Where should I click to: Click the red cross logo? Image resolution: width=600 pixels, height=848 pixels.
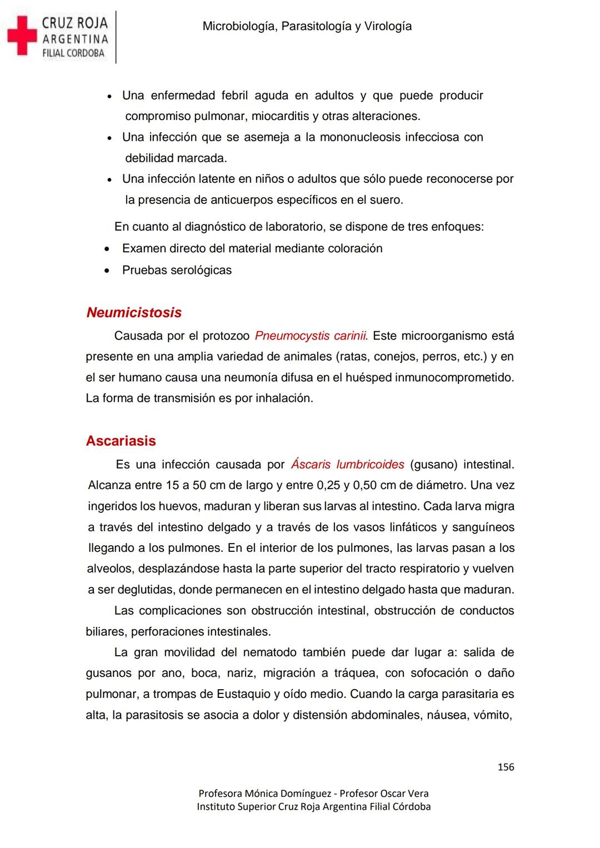point(22,36)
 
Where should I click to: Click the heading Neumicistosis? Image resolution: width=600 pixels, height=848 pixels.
point(134,312)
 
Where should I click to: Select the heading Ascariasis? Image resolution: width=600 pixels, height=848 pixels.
point(121,441)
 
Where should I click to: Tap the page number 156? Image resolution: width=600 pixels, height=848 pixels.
point(506,767)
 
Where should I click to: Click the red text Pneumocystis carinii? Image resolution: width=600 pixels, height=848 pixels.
point(311,336)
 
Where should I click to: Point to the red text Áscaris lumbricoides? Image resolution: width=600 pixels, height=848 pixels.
point(348,464)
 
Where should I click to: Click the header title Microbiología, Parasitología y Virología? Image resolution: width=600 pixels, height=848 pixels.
point(307,26)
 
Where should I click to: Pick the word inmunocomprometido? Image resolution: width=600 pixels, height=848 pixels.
point(454,377)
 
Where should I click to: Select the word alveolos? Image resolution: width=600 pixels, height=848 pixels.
point(110,568)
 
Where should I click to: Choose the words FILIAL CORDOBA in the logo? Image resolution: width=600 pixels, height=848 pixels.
point(73,53)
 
